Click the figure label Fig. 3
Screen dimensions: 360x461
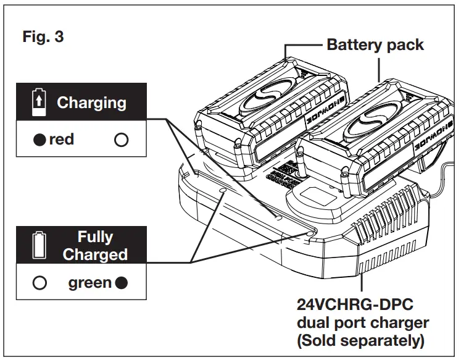(43, 36)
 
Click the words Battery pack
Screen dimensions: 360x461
(375, 44)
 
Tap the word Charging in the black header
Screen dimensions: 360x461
(91, 103)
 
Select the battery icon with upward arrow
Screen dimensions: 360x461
(39, 103)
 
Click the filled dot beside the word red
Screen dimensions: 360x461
(40, 140)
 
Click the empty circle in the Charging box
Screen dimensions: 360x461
(122, 140)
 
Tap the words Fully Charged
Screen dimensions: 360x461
(95, 246)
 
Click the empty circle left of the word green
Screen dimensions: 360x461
(40, 283)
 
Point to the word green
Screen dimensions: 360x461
(90, 283)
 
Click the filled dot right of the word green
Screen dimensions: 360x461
(122, 283)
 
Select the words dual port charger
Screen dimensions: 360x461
(363, 324)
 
